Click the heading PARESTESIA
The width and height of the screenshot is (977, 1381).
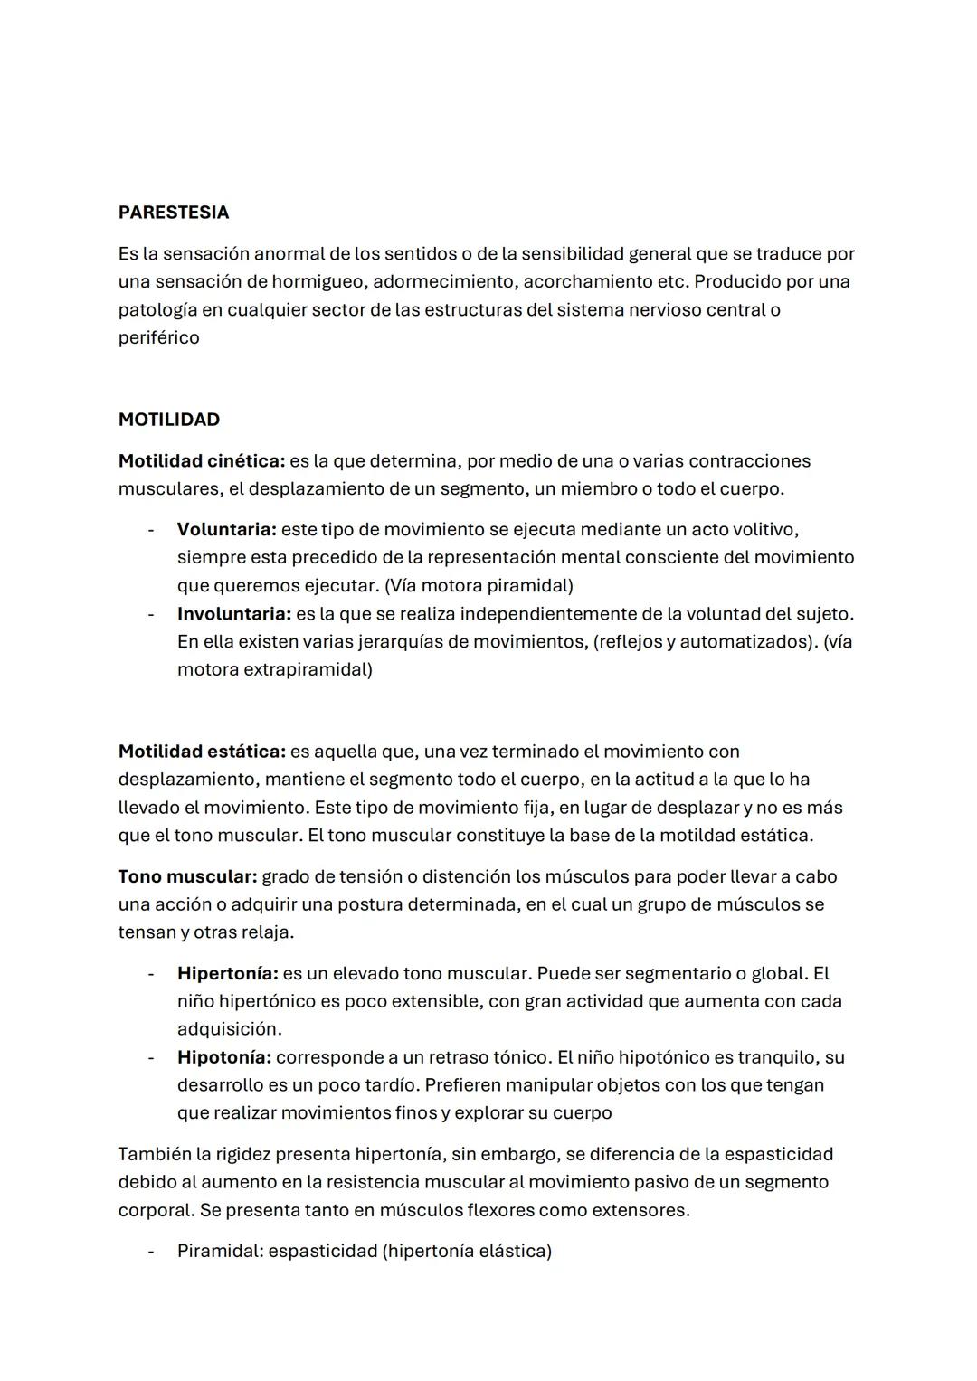click(173, 213)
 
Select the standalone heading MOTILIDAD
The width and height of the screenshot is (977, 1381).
click(168, 420)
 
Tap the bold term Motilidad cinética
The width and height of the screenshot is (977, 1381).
click(201, 461)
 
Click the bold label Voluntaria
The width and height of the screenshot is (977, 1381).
click(226, 529)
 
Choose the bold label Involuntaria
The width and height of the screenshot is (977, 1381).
click(233, 614)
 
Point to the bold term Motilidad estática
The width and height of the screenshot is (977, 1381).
click(201, 752)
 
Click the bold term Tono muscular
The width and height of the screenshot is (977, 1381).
click(187, 876)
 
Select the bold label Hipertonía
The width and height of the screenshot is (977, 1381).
click(227, 974)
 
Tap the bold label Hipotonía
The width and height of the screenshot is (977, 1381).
click(223, 1057)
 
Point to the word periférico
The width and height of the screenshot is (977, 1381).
click(158, 337)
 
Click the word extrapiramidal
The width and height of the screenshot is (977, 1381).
click(307, 670)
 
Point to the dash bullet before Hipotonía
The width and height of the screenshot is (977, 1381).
click(151, 1057)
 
